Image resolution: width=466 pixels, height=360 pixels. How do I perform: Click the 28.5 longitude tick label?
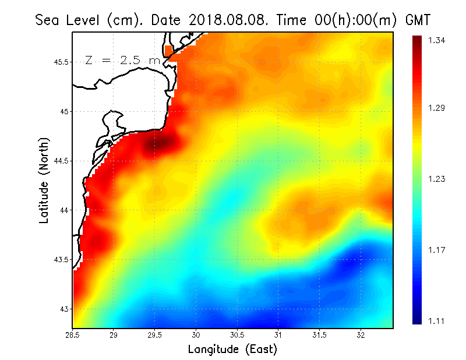coord(73,335)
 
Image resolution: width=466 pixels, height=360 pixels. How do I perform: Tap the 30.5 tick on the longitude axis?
coord(237,335)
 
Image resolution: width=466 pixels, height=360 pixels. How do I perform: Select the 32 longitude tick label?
coord(361,335)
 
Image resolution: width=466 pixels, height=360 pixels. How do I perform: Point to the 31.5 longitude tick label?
coord(320,335)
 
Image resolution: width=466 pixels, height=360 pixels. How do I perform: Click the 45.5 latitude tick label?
coord(61,62)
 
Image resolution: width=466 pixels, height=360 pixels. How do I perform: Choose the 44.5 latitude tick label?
coord(61,161)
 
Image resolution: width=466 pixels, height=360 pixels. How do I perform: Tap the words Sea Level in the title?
coord(69,20)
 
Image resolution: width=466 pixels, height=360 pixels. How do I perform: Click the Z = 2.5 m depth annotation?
coord(122,60)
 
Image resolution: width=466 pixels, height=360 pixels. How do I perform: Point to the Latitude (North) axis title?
coord(44,181)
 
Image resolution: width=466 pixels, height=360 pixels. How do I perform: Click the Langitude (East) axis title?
coord(232,350)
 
